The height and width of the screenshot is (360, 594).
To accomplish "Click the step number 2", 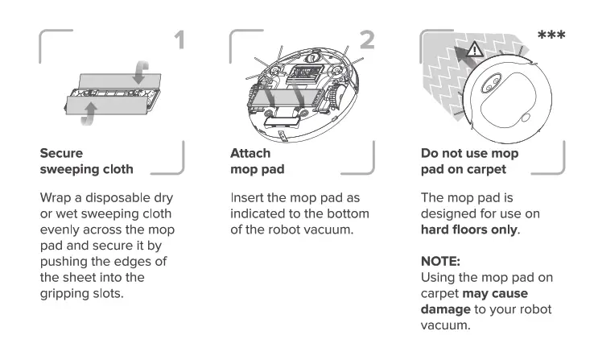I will click(x=367, y=40).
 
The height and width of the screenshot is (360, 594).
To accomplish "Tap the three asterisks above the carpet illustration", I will click(x=551, y=36).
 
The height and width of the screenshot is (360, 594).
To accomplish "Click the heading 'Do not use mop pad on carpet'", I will click(x=469, y=160).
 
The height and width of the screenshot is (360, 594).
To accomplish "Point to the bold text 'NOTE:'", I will click(x=440, y=262).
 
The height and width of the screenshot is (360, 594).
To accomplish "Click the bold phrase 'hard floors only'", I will click(x=468, y=230).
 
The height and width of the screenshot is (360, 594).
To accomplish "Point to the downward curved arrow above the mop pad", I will click(x=142, y=73).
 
